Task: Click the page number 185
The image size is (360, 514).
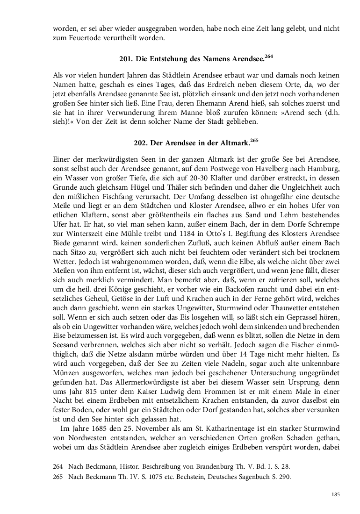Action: (x=335, y=494)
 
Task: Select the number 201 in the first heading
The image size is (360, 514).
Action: (x=126, y=60)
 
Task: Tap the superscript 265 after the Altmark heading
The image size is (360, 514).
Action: (x=254, y=139)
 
